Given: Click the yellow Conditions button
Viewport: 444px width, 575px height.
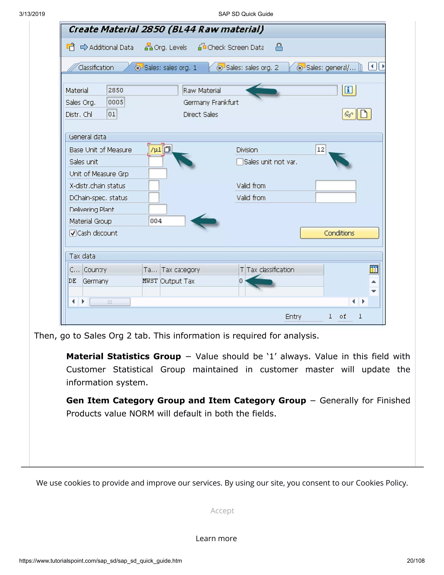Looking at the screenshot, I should pyautogui.click(x=339, y=233).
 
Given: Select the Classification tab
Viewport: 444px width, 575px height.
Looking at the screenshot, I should pyautogui.click(x=96, y=68).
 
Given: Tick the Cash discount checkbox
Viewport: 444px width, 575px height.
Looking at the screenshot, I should pyautogui.click(x=73, y=233).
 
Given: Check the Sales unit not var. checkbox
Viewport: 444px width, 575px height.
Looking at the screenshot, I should pyautogui.click(x=240, y=162).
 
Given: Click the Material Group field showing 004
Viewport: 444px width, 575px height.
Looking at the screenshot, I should pyautogui.click(x=166, y=221).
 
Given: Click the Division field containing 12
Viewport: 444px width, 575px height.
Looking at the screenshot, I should pyautogui.click(x=320, y=149).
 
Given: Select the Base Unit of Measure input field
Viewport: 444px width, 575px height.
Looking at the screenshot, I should pyautogui.click(x=155, y=150).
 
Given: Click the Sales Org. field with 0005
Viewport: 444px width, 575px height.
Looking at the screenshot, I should pyautogui.click(x=116, y=102).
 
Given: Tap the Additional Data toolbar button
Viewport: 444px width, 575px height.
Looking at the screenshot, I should pyautogui.click(x=107, y=47).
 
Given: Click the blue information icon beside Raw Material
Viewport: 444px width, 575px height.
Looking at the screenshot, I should pyautogui.click(x=349, y=90).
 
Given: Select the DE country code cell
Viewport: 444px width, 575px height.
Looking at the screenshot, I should pyautogui.click(x=73, y=281).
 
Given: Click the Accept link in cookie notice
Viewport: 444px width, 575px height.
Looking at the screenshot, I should pyautogui.click(x=222, y=511).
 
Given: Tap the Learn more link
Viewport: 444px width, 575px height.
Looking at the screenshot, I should pyautogui.click(x=216, y=538).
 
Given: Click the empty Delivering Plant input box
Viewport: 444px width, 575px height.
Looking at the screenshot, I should pyautogui.click(x=158, y=209).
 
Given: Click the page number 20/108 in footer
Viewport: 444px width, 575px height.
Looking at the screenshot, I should pyautogui.click(x=415, y=561).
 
